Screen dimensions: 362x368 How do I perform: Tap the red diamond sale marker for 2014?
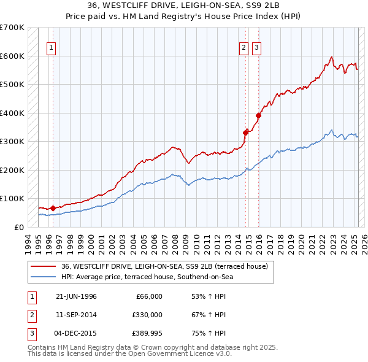pos(246,132)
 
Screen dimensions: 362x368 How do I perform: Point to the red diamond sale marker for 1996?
pos(53,208)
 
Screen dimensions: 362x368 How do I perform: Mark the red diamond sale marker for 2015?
pos(259,115)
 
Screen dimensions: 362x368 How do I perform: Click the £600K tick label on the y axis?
pos(12,56)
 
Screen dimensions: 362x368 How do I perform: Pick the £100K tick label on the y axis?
pos(12,199)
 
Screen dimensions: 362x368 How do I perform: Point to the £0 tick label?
pos(18,227)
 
